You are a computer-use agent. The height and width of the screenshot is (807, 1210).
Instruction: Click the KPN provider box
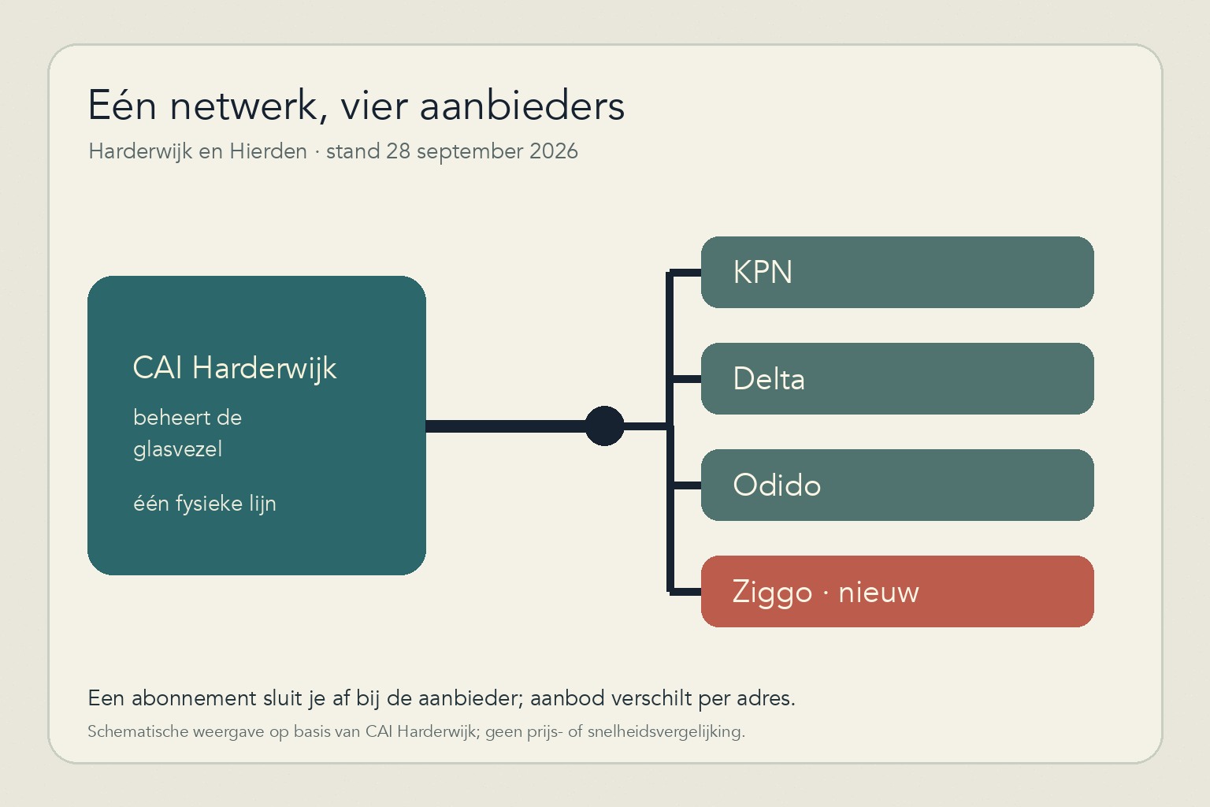point(897,272)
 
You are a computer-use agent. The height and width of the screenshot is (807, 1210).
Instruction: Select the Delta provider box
point(897,378)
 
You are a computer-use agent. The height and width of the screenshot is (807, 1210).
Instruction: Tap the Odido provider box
point(897,485)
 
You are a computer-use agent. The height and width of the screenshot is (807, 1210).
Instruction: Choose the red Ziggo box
point(897,591)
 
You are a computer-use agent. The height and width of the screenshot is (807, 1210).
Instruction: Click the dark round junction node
point(604,426)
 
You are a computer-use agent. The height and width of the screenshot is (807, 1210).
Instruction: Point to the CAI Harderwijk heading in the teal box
point(235,369)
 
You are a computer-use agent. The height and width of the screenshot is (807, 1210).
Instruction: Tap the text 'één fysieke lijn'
point(205,504)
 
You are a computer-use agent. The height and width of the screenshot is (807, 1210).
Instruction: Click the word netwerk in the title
point(244,106)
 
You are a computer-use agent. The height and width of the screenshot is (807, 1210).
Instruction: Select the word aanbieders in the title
point(521,106)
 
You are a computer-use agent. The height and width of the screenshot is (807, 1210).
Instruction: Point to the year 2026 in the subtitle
point(554,151)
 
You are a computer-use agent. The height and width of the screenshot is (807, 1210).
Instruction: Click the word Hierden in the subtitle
point(268,151)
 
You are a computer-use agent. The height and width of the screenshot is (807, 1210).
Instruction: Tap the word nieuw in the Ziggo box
point(878,593)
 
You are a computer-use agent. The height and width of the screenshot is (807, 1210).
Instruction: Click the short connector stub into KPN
point(685,273)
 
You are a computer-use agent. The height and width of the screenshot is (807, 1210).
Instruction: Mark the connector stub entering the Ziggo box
point(685,592)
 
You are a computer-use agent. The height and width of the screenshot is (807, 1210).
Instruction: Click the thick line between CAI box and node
point(506,426)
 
